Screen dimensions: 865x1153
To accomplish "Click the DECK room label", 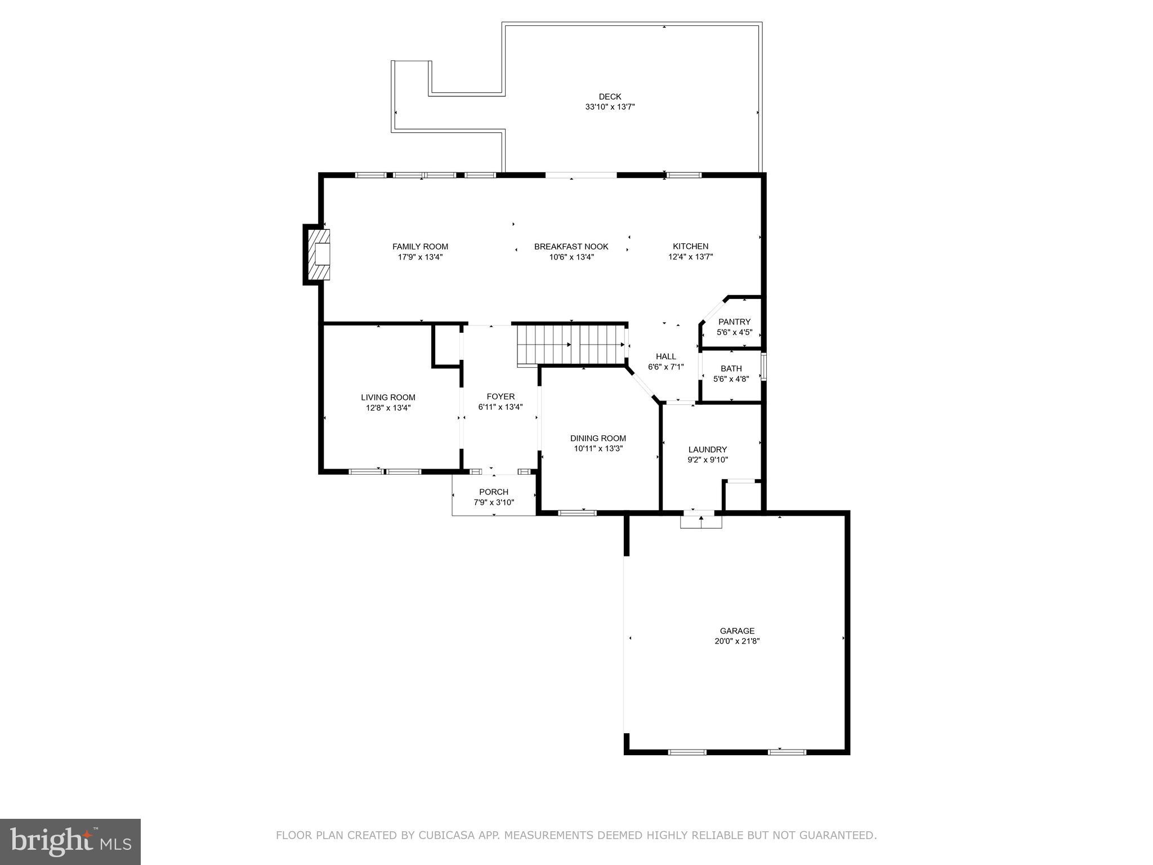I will [x=610, y=97].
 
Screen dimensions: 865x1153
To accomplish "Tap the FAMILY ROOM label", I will [x=420, y=247].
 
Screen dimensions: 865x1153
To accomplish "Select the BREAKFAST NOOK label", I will [x=571, y=247].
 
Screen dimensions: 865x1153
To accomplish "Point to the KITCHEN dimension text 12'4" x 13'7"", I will [x=690, y=257].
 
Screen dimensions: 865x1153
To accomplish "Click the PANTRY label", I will [x=734, y=322].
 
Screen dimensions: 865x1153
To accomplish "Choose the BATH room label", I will [x=731, y=369].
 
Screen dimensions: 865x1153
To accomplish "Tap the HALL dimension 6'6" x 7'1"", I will [x=666, y=367].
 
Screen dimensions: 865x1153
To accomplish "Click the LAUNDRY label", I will [x=707, y=449].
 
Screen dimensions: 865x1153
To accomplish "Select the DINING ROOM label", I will [x=598, y=438].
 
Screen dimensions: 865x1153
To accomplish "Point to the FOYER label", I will [x=500, y=396].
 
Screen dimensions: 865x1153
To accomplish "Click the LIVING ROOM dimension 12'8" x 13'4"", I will [x=388, y=408].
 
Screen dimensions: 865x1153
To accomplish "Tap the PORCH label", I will [x=494, y=492].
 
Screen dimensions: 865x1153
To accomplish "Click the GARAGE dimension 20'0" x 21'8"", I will [x=737, y=641].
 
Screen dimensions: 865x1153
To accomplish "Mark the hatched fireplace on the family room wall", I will [x=318, y=255].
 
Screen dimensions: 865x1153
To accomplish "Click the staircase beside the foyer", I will [x=571, y=345].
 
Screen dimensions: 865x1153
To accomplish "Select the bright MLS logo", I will [x=70, y=841].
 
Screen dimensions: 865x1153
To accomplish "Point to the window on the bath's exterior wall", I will [x=763, y=367].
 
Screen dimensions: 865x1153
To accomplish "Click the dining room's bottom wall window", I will [x=576, y=512].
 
